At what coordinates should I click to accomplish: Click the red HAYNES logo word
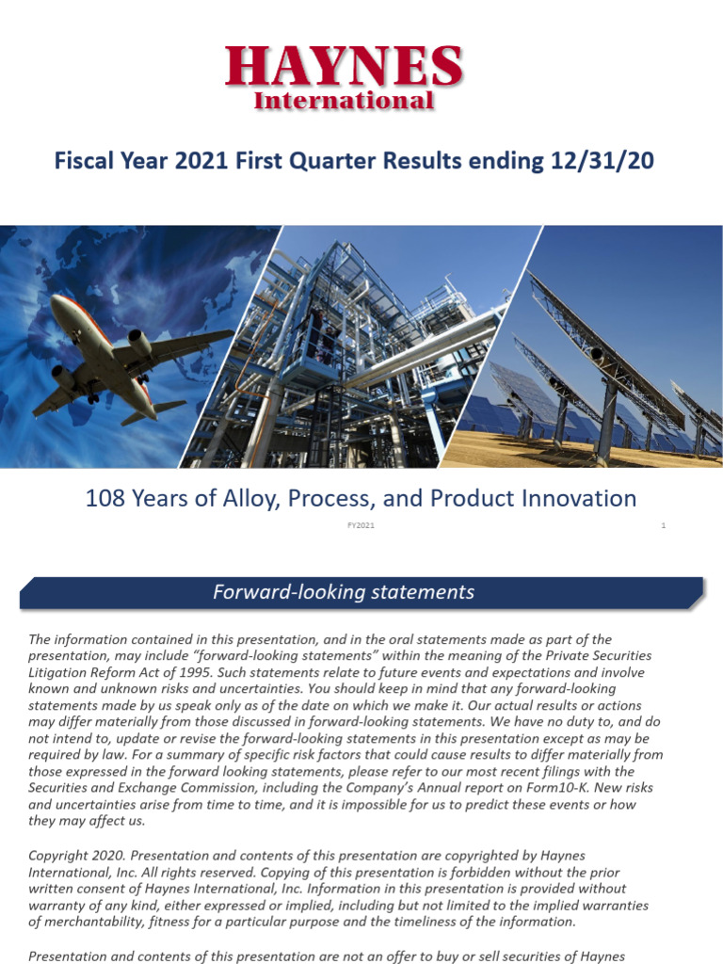(344, 67)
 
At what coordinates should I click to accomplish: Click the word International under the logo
(344, 100)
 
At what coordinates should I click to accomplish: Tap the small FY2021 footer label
(361, 525)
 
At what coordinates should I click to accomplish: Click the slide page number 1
(663, 525)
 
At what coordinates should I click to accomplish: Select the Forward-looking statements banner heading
(343, 592)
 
